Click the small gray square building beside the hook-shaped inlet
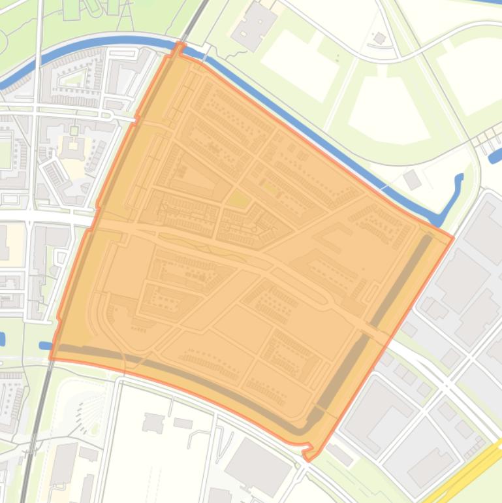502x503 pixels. click(412, 179)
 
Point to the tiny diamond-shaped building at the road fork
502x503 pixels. click(379, 39)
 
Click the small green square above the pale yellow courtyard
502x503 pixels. click(74, 131)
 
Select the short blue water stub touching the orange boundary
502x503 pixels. click(46, 346)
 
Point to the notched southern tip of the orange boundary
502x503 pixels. click(308, 453)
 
